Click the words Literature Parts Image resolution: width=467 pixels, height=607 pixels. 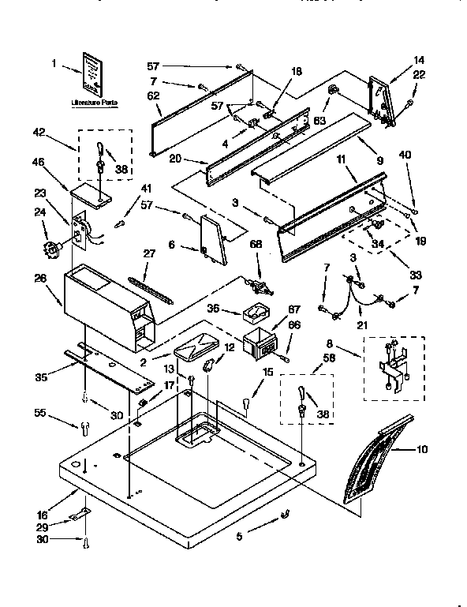pyautogui.click(x=94, y=102)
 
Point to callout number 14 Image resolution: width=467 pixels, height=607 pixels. pyautogui.click(x=418, y=59)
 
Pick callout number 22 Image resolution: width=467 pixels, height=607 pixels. pyautogui.click(x=419, y=75)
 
